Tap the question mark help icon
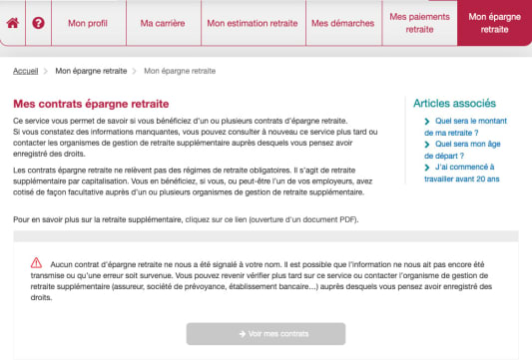tap(39, 22)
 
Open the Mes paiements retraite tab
tap(419, 23)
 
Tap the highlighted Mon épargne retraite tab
tap(494, 23)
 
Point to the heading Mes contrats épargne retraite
tap(91, 103)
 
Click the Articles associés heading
tap(454, 103)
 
